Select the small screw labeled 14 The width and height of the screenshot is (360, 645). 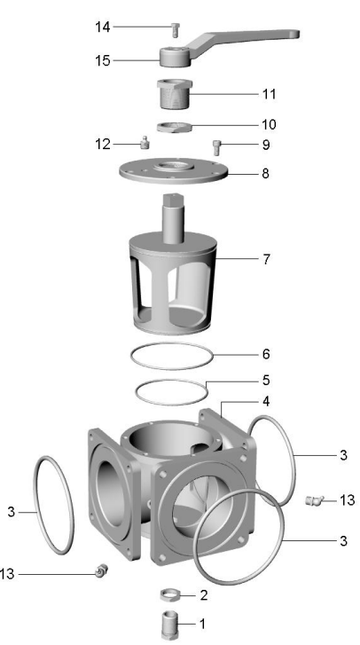coord(176,29)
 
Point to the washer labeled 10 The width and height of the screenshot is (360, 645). coord(175,125)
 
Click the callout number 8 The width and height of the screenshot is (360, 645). coord(265,173)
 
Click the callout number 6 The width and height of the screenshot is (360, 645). coord(265,353)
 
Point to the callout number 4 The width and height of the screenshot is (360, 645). coord(265,401)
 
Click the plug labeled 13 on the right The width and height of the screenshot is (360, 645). coord(313,502)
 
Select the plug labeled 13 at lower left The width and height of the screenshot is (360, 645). coord(101,570)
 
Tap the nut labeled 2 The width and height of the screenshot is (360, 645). coord(170,593)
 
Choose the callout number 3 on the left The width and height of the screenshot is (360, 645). coord(12,512)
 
